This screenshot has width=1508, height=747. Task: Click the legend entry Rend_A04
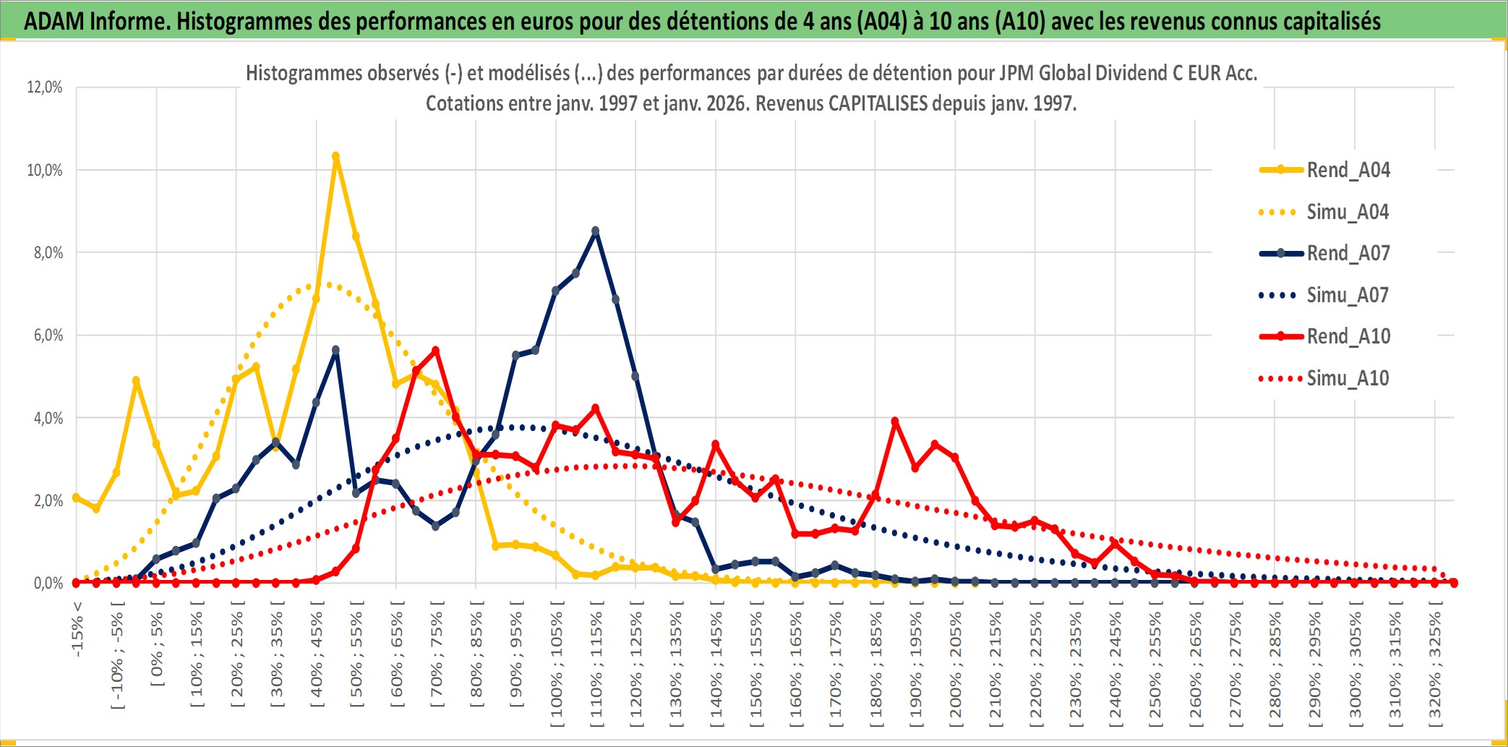click(x=1348, y=170)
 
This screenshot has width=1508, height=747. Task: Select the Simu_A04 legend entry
click(x=1348, y=212)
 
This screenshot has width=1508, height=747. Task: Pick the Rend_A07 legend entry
click(x=1348, y=253)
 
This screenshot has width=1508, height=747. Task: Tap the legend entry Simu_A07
click(x=1348, y=295)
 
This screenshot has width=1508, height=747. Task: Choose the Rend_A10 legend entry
click(x=1348, y=336)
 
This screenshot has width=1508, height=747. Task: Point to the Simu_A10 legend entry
click(x=1348, y=378)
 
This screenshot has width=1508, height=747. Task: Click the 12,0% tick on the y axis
click(x=45, y=87)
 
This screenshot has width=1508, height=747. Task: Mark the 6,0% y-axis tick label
click(x=48, y=336)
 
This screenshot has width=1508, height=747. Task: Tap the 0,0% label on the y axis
click(x=48, y=584)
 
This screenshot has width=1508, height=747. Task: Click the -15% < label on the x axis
click(x=77, y=629)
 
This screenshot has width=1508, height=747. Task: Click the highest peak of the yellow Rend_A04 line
click(x=335, y=156)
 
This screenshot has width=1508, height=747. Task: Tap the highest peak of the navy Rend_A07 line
click(x=595, y=231)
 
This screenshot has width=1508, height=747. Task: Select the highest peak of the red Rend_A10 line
click(x=435, y=351)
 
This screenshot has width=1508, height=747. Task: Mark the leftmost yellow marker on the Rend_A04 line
click(x=77, y=498)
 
